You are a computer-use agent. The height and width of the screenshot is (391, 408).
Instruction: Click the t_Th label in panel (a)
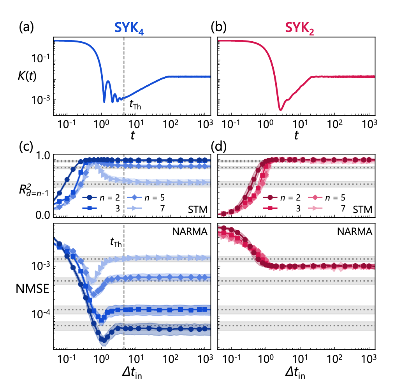pos(135,104)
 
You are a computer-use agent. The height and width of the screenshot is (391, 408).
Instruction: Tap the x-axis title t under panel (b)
pos(296,136)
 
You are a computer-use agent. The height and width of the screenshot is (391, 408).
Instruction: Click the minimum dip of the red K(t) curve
pos(280,109)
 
